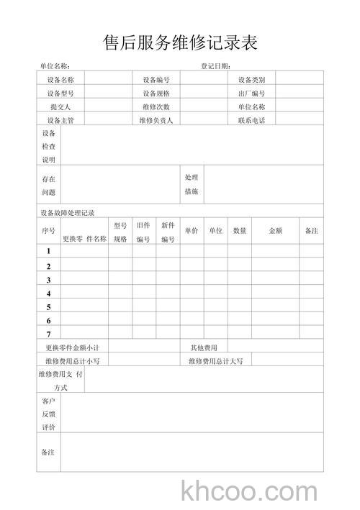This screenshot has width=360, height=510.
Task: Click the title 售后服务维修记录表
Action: pos(180,42)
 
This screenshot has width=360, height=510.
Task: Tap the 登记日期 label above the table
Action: pos(215,66)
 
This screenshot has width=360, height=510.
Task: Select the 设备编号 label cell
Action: pos(156,80)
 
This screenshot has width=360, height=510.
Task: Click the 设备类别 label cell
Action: pos(251,80)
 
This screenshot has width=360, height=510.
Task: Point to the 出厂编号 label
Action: pos(251,94)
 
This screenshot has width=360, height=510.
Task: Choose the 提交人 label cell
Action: pos(60,106)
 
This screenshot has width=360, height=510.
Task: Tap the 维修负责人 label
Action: pos(156,120)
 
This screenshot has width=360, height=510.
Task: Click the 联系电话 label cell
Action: pos(251,120)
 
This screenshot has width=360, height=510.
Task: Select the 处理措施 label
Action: pos(192,184)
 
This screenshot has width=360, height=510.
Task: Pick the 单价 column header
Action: pos(191,231)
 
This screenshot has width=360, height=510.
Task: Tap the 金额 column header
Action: pos(275,231)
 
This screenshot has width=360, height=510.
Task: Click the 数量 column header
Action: pos(240,231)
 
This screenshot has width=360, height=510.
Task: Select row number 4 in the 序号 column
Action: pos(49,293)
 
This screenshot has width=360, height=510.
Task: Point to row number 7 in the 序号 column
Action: pos(49,334)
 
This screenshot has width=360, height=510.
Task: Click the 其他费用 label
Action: pos(204,347)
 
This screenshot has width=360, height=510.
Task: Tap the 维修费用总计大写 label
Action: pos(216,360)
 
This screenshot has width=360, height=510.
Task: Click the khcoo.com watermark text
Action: pos(250,492)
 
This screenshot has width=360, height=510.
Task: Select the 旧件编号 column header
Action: pos(143,232)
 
